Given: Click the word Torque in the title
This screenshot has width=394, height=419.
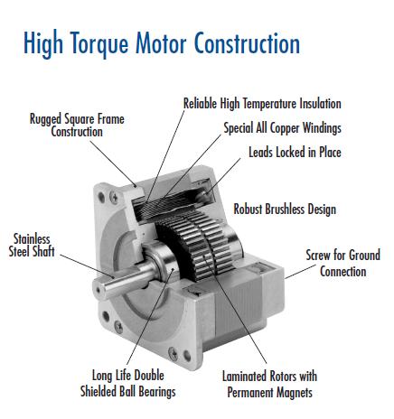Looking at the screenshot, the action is [99, 44].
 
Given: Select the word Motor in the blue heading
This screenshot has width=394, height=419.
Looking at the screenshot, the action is [163, 42].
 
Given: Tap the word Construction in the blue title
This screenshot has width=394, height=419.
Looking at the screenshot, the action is [248, 42].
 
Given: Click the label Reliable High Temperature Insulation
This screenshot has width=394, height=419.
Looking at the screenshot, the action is [262, 104].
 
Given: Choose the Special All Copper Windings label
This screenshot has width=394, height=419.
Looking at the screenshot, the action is [282, 127].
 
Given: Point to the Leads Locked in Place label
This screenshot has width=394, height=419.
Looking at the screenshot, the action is [295, 152].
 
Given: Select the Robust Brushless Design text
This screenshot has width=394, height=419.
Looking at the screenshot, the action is [285, 209].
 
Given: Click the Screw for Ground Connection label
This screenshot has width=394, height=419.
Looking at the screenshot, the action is [343, 263].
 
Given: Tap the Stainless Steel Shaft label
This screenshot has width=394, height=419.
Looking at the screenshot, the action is [32, 246].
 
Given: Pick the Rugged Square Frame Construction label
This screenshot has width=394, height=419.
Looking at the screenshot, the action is [77, 126].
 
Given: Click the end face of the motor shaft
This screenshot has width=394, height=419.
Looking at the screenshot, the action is [98, 290].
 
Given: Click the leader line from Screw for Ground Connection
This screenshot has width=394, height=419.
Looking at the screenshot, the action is [300, 272].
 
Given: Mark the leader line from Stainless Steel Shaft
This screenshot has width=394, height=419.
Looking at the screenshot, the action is [87, 265].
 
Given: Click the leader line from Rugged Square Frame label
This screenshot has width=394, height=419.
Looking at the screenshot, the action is [113, 163].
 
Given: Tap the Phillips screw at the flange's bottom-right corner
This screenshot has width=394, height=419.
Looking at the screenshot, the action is [173, 354].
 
